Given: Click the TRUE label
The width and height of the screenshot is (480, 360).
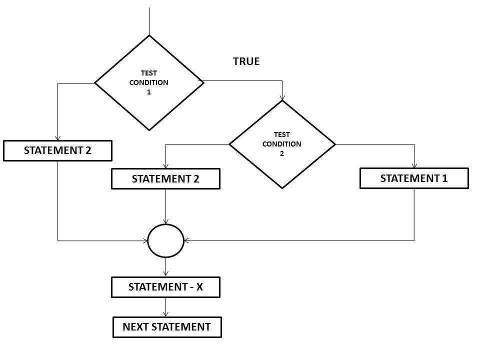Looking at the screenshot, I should (x=246, y=61).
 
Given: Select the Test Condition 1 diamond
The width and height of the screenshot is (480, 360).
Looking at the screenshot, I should (x=149, y=82).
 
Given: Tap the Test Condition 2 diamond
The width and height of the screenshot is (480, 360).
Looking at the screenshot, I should (x=282, y=144).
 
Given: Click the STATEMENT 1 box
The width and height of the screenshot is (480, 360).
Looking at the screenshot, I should (x=414, y=178).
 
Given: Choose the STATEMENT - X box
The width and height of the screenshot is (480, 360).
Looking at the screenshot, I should (x=165, y=287).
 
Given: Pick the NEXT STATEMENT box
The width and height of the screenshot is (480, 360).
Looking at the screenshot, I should (x=166, y=327).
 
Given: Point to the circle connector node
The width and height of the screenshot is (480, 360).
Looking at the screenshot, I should (x=166, y=240).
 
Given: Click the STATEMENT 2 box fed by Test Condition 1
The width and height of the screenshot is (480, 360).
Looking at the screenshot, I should (x=57, y=150).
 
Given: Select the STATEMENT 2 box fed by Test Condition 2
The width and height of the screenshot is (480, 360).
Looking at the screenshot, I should (x=165, y=179).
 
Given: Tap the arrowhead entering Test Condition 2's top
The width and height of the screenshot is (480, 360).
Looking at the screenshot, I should (x=282, y=97).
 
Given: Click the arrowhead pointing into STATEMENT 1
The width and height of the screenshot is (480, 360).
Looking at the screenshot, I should (x=414, y=166).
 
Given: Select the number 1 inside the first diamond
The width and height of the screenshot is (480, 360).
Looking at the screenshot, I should (x=149, y=92).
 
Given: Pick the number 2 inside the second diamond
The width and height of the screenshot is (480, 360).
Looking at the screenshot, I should (x=282, y=153).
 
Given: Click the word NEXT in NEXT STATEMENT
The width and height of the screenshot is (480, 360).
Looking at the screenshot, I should (x=135, y=327).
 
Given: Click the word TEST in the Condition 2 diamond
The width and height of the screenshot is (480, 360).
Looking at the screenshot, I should (x=282, y=134).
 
